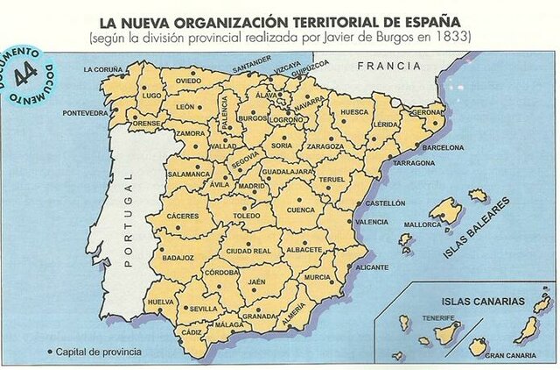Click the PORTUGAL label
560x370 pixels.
coord(128,218)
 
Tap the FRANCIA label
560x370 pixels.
coord(384,66)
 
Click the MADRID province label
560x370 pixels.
coord(252,186)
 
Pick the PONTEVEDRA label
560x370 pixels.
coord(86,113)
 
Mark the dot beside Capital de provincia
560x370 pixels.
coord(49,352)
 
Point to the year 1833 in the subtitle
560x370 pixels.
coord(454,38)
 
